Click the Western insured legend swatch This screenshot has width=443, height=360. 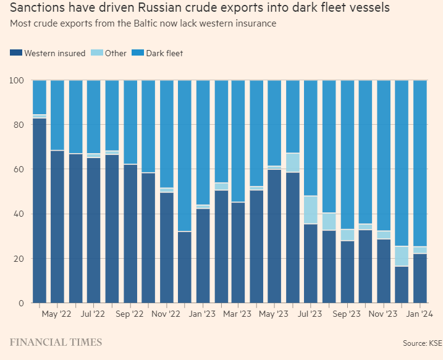(15, 53)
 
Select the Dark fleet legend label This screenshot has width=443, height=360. (164, 53)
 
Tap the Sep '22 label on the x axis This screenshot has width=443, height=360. (130, 314)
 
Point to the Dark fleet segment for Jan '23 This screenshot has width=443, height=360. (203, 142)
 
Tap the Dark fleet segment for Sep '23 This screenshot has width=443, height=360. (348, 154)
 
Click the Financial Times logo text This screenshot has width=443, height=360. (56, 342)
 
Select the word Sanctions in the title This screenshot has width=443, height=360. (39, 9)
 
